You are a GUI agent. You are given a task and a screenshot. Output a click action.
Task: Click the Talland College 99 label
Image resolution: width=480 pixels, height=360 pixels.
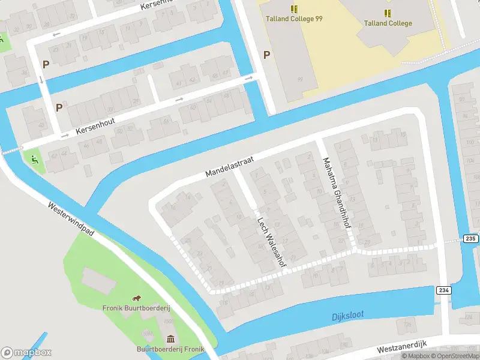click(x=294, y=19)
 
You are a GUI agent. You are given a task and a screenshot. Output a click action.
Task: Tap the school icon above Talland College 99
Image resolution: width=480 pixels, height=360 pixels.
click(x=294, y=9)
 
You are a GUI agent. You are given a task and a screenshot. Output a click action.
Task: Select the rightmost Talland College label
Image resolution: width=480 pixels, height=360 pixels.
click(x=388, y=23)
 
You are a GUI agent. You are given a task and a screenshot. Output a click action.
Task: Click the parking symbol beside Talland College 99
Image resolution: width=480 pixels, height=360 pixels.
click(x=266, y=55)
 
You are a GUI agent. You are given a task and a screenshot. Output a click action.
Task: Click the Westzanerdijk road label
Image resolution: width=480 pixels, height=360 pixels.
click(x=401, y=346)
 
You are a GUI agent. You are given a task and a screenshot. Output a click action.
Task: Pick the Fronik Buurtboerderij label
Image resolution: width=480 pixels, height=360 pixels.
click(x=137, y=308)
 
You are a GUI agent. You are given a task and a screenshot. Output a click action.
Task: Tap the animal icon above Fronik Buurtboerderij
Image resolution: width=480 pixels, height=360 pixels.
click(x=137, y=298)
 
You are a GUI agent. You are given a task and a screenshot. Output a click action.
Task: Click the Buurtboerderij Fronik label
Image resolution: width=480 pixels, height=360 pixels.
click(x=170, y=349)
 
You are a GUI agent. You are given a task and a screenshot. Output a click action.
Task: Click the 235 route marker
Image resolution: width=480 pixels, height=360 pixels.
click(x=470, y=239)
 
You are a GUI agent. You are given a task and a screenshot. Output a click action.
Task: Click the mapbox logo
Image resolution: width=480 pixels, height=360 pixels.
click(x=26, y=352)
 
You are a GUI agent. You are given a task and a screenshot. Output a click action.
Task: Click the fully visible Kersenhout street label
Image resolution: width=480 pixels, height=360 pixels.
click(x=94, y=125)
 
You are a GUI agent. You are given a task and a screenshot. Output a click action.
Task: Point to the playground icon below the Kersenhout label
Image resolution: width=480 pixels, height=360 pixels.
click(x=34, y=160)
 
